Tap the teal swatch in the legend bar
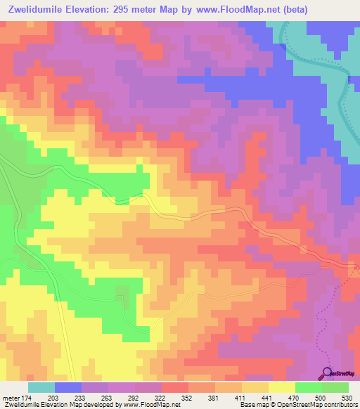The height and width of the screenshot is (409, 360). pos(41,387)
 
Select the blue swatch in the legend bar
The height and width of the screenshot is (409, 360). pos(68,387)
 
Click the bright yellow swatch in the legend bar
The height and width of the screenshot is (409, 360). pos(281,387)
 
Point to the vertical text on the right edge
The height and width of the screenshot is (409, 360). pos(355,267)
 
